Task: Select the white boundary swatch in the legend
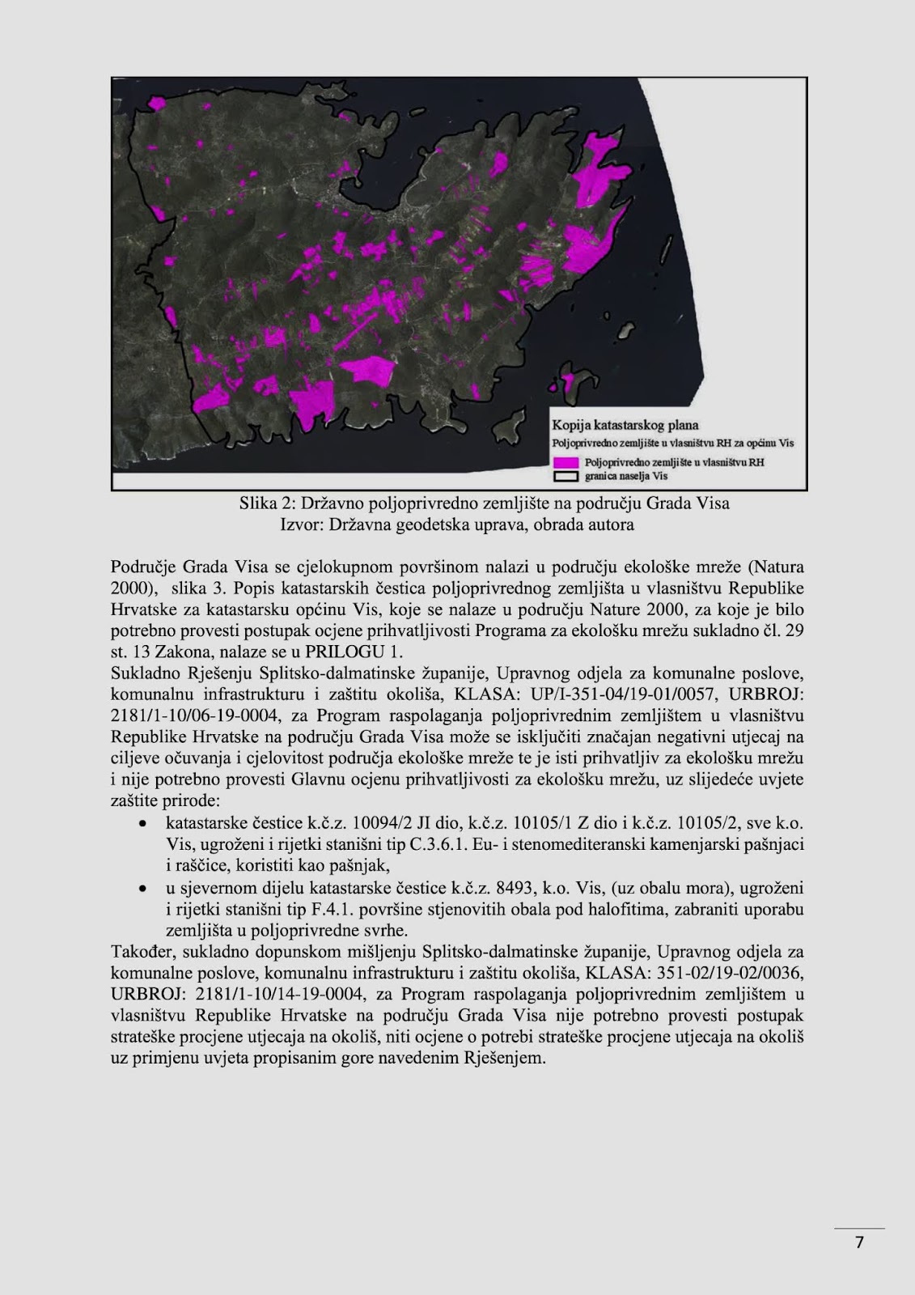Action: [566, 475]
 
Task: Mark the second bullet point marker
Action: [143, 888]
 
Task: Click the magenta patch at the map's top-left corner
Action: [156, 103]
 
